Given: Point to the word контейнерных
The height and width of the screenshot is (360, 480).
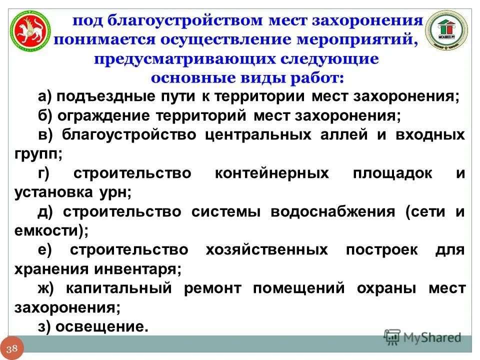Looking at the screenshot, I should coord(272,173).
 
